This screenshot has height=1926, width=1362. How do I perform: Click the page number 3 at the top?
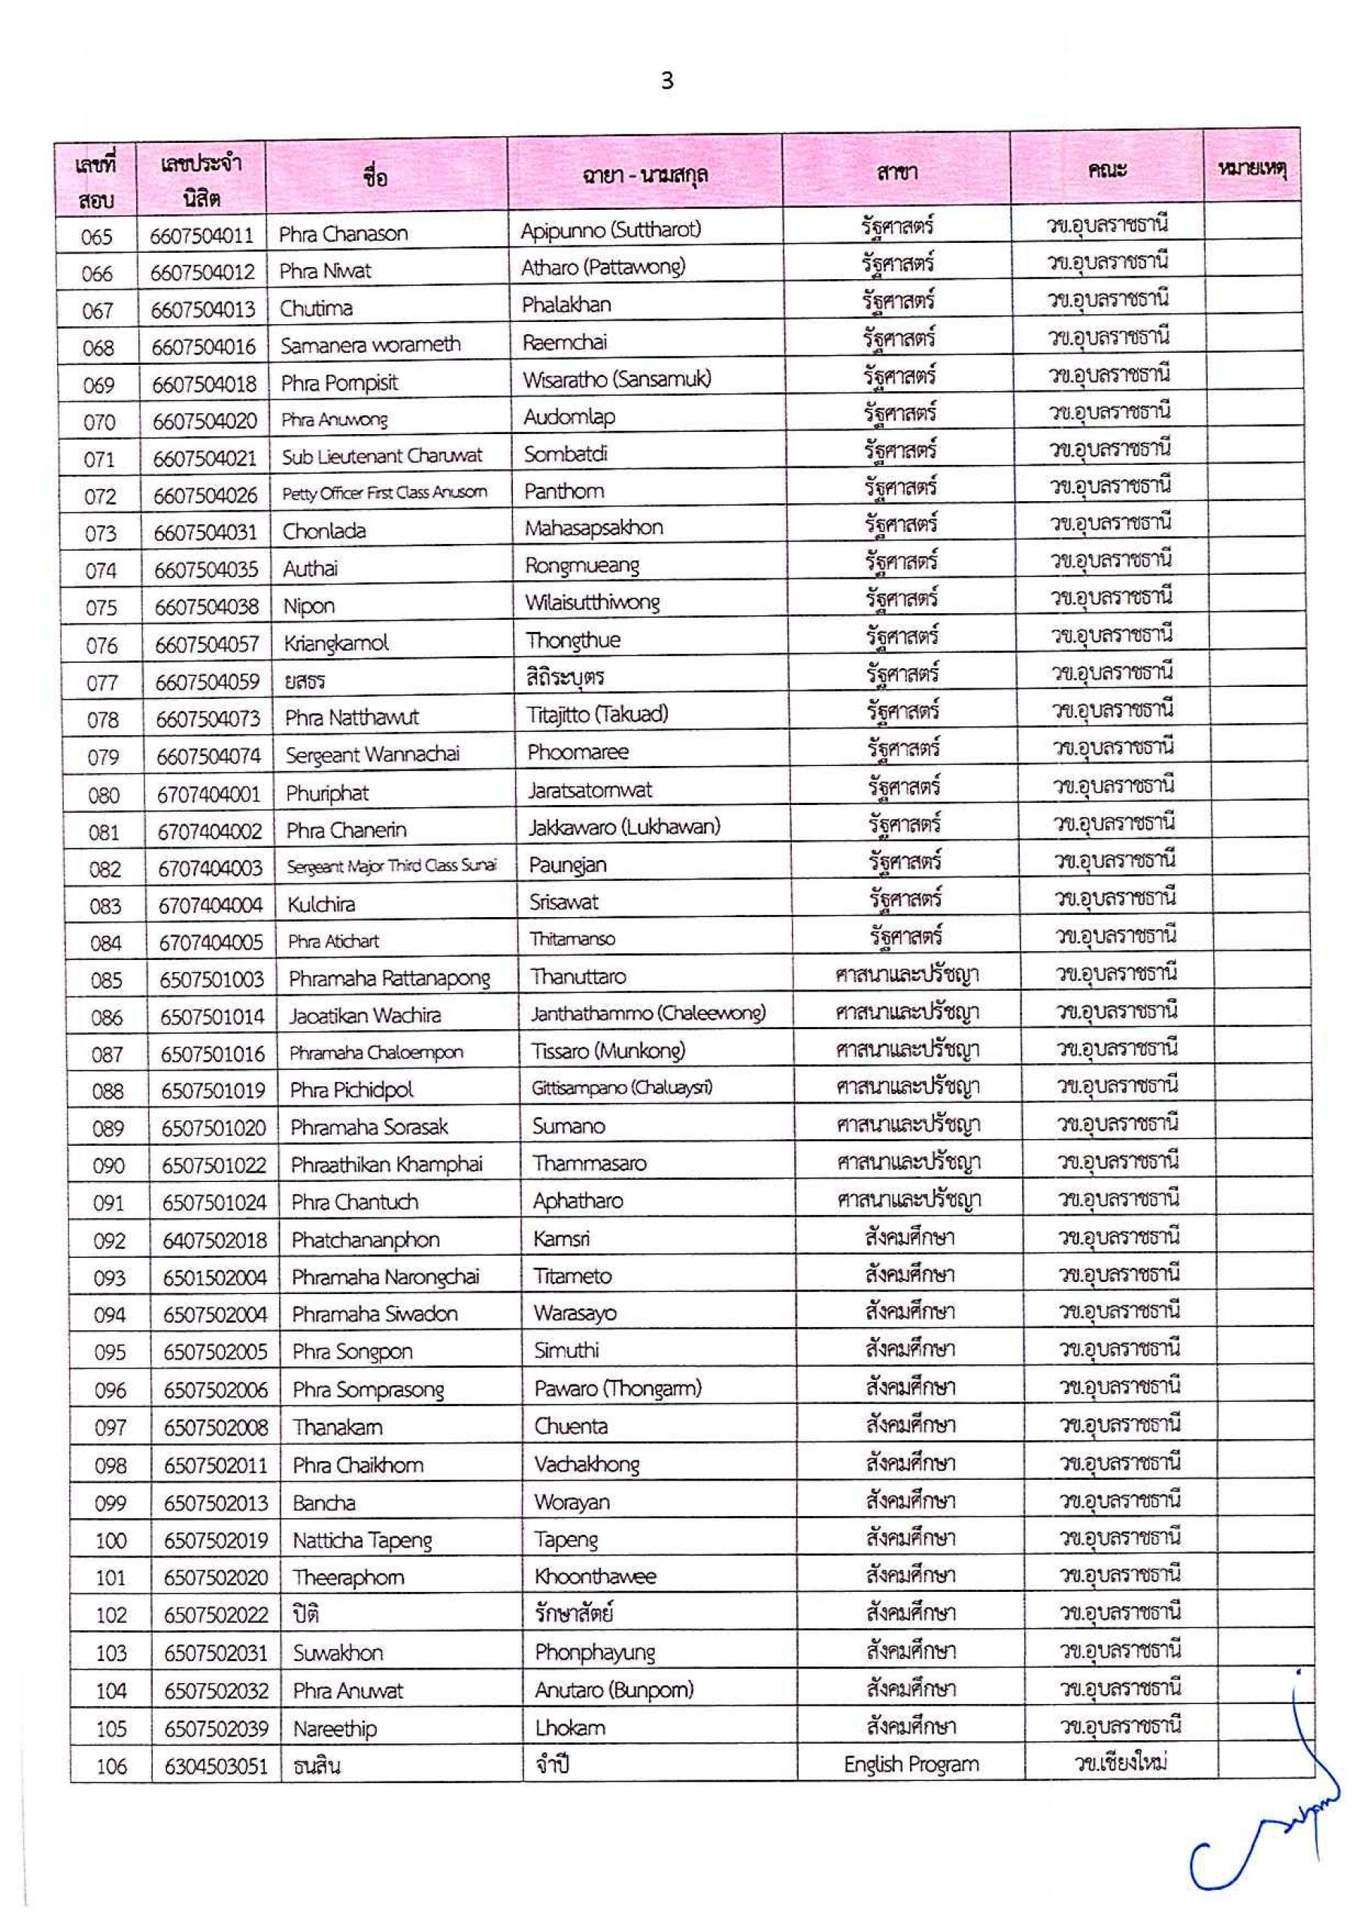tap(667, 81)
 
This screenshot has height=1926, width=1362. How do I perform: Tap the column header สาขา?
tap(896, 173)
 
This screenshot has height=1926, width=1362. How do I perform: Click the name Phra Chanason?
tap(343, 234)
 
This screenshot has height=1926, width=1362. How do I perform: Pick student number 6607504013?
tap(203, 309)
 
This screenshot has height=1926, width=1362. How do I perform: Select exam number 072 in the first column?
tap(100, 497)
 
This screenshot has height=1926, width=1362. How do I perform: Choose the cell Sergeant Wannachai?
tap(372, 755)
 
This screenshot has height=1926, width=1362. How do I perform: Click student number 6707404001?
tap(209, 794)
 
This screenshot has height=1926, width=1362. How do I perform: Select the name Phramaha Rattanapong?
tap(389, 979)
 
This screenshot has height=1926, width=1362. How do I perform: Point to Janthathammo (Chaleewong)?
tap(648, 1014)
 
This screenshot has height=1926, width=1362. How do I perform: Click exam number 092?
tap(109, 1241)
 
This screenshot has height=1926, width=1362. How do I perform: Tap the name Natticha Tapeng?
tap(362, 1541)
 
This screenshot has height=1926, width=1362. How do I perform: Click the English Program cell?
tap(911, 1764)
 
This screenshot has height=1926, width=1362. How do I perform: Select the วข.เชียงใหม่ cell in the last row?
tap(1121, 1763)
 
